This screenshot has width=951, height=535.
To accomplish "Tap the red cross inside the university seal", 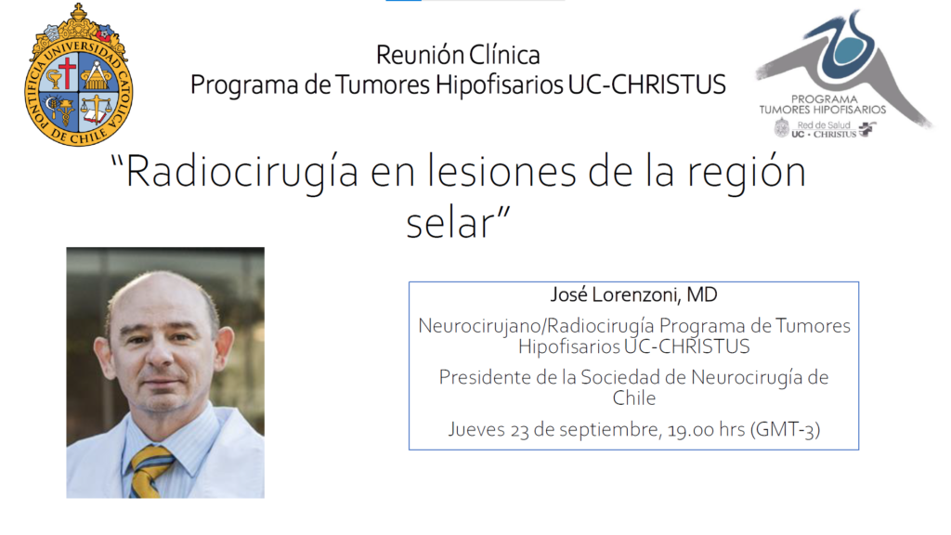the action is click(x=67, y=72).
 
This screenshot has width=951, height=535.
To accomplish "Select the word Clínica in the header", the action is click(x=504, y=55).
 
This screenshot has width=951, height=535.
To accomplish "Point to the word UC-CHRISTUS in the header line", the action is click(x=646, y=85).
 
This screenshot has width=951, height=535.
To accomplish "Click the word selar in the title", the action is click(x=450, y=223).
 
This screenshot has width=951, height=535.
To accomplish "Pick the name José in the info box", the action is click(x=569, y=294).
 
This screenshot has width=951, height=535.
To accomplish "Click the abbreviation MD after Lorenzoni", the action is click(x=702, y=294).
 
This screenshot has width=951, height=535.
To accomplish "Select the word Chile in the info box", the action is click(x=633, y=398).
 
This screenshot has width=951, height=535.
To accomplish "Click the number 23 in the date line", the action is click(x=519, y=430).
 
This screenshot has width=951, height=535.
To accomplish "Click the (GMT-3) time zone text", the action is click(x=786, y=429).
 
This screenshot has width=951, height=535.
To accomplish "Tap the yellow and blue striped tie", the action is click(x=150, y=471).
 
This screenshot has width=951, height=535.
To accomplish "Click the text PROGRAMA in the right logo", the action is click(x=825, y=98).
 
